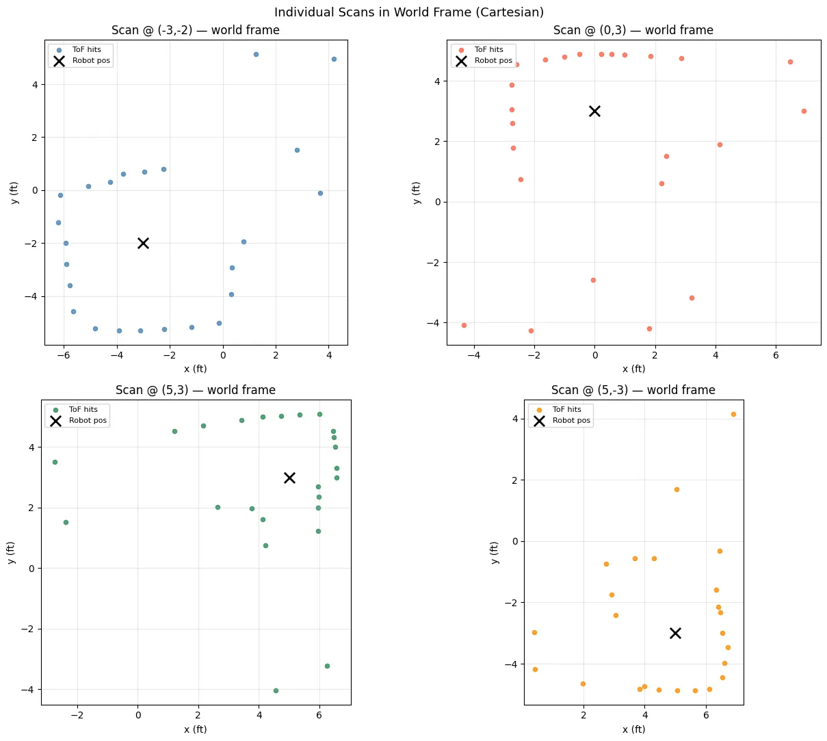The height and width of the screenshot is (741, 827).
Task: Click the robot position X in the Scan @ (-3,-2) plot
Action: coord(143,244)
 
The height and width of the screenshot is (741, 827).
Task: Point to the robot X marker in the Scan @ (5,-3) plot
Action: coord(675,633)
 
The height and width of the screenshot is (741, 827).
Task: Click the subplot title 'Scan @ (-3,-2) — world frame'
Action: coord(196,30)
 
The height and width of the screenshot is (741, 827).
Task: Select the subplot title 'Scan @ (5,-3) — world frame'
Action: coord(633,390)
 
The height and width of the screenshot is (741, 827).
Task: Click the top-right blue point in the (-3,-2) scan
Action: coord(334,60)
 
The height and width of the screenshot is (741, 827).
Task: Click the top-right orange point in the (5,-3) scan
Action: coord(733,415)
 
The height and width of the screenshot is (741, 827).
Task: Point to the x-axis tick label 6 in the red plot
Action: coord(776,355)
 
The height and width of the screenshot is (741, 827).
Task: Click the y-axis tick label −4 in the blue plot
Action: coord(31,296)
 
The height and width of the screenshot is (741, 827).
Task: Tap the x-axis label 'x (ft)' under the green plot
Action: coord(196,729)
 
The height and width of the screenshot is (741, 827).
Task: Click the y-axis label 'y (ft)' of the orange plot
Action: coord(495,552)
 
